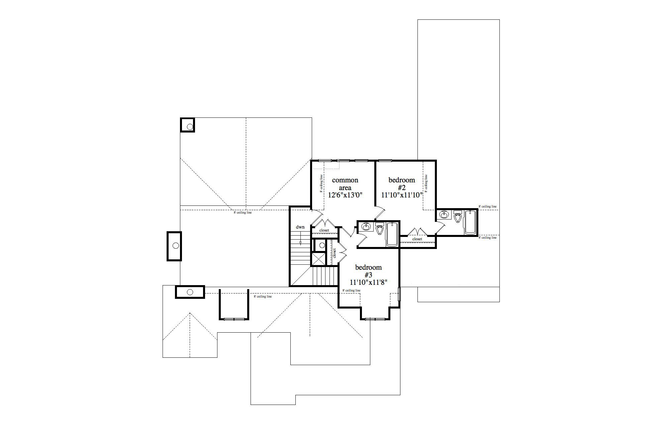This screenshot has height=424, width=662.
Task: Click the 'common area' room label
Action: [x=345, y=184]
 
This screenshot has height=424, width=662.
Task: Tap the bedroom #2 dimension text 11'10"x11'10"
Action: [x=402, y=195]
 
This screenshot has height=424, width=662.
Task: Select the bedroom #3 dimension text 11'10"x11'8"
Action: [x=368, y=282]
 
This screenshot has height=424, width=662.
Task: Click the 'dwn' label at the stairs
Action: [x=300, y=227]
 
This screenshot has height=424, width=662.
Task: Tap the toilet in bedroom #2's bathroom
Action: [x=458, y=217]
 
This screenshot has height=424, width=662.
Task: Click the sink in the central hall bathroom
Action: [x=366, y=227]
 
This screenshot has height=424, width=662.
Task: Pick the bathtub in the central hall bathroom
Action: [x=392, y=234]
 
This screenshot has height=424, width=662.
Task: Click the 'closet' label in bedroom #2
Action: [x=417, y=239]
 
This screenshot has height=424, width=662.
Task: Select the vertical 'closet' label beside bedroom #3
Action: [x=334, y=253]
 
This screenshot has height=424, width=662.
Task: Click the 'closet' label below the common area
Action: [x=324, y=230]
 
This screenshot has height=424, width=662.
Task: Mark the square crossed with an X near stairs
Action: [x=318, y=259]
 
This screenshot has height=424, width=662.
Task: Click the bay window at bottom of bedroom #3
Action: [x=375, y=319]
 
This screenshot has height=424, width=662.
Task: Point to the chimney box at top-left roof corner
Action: [x=188, y=125]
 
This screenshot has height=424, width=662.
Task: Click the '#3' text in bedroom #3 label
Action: [x=368, y=275]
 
